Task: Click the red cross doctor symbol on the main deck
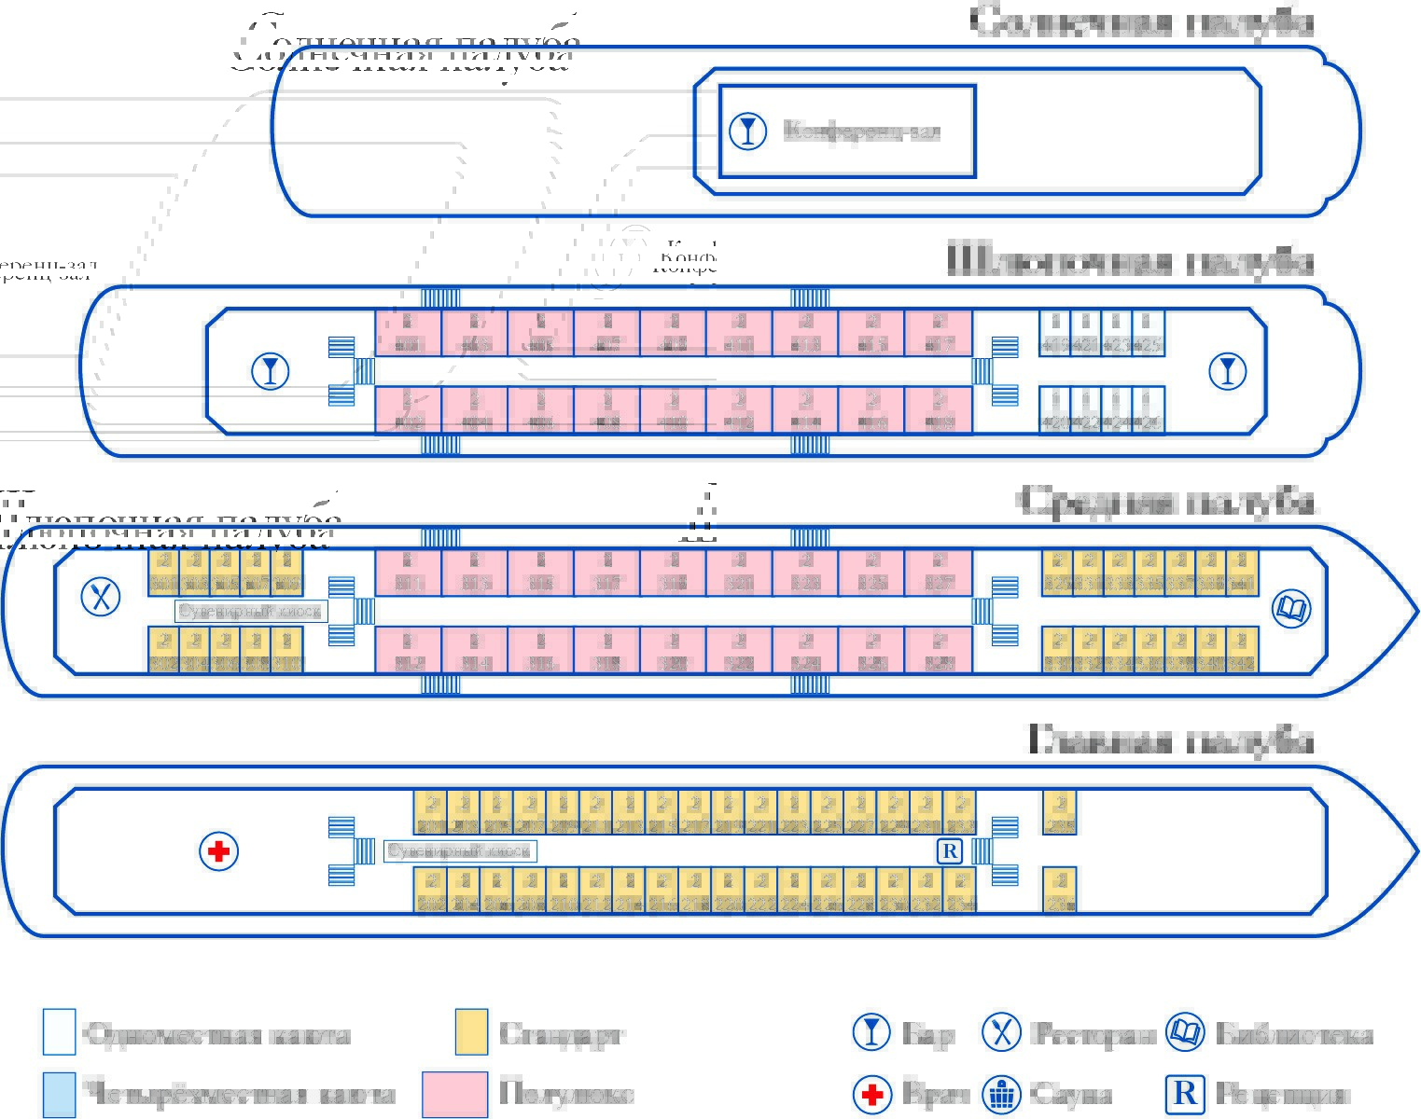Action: click(x=219, y=850)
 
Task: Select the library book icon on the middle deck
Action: click(x=1291, y=609)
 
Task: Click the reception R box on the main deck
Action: click(x=949, y=850)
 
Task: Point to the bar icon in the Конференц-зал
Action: click(x=747, y=131)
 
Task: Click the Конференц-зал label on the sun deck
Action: click(x=861, y=131)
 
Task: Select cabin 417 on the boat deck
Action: click(x=939, y=333)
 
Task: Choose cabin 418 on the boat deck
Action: click(x=939, y=410)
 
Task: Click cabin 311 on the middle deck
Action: click(x=408, y=572)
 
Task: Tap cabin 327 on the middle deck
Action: click(x=939, y=572)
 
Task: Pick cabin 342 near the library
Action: click(x=1242, y=651)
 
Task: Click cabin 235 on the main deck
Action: click(x=1059, y=812)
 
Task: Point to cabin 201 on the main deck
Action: click(x=430, y=812)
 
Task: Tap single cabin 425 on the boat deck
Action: click(x=1149, y=333)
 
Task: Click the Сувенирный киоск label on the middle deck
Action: click(x=251, y=612)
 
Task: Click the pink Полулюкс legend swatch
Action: click(x=454, y=1094)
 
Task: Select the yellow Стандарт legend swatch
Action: click(x=471, y=1032)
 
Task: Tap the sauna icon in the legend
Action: click(x=1002, y=1094)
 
